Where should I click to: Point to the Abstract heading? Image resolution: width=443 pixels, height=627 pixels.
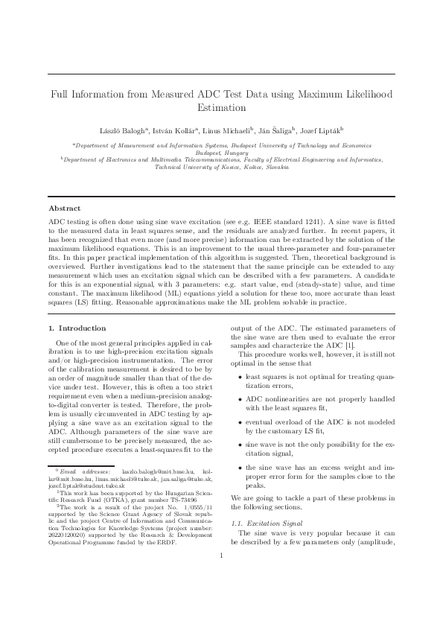click(64, 208)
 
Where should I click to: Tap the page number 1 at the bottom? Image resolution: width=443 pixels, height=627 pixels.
click(221, 576)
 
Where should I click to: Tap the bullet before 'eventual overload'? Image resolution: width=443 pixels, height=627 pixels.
click(239, 421)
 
